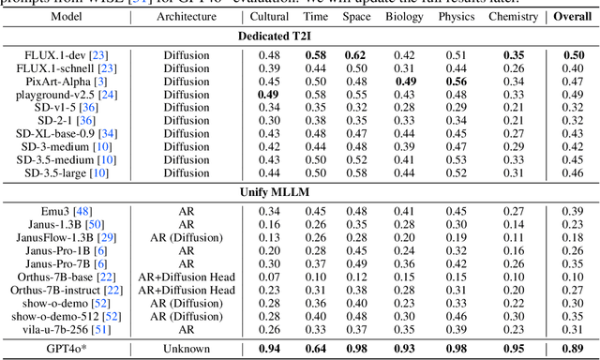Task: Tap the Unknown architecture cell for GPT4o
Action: coord(186,350)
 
